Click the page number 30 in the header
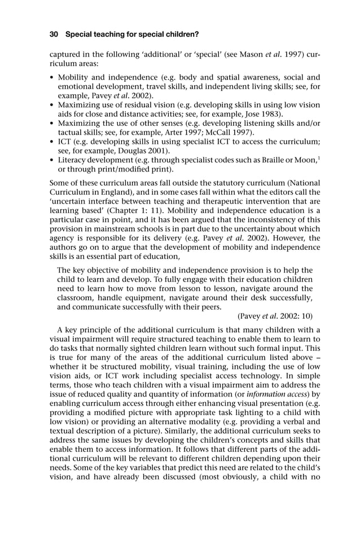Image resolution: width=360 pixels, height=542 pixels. pos(54,34)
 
